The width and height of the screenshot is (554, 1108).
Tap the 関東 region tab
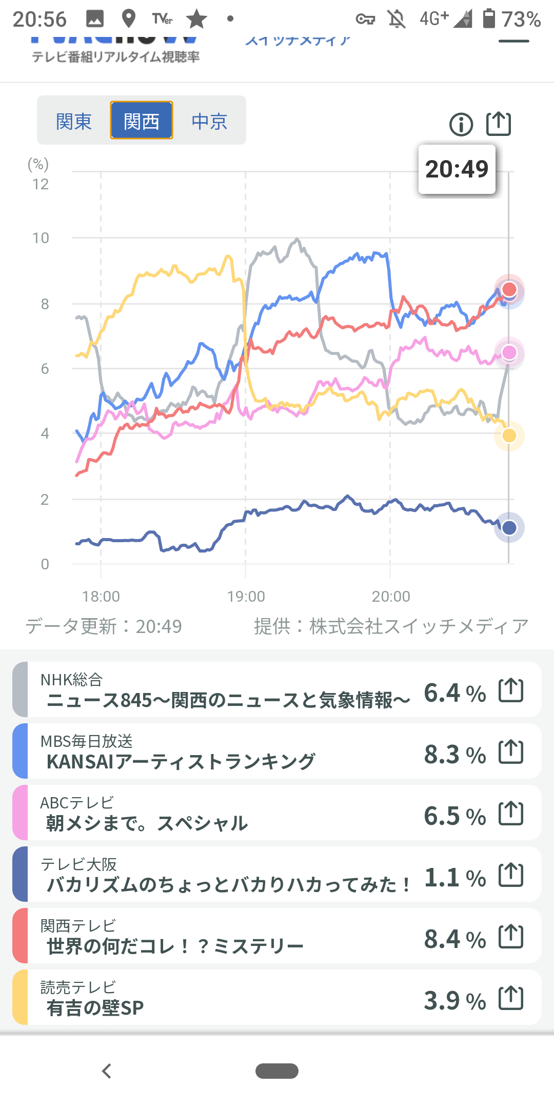point(74,122)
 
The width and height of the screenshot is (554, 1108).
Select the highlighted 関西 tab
point(142,122)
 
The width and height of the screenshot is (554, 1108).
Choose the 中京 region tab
point(209,122)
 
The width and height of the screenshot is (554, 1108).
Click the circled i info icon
point(461,124)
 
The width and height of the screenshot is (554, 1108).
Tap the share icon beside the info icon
point(499,124)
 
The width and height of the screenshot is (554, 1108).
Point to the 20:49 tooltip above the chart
point(457,169)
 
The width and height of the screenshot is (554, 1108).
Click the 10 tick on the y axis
point(41,238)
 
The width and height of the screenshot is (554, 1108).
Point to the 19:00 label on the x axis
point(246,597)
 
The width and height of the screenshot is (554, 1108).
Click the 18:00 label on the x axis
point(101,597)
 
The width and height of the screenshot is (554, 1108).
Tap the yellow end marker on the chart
point(509,436)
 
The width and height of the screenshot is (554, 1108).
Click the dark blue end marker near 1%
point(509,527)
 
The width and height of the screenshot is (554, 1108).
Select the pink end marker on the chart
point(509,352)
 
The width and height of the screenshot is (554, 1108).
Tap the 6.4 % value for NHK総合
point(454,693)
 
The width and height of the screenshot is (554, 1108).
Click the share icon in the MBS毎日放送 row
point(511,752)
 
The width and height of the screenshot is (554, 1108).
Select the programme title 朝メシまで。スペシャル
point(147,823)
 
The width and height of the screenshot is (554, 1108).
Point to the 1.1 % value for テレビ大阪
point(454,878)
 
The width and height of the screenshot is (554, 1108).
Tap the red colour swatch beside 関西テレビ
point(20,936)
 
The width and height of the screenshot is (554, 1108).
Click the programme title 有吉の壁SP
point(95,1008)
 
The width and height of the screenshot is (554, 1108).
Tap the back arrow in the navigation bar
point(107,1071)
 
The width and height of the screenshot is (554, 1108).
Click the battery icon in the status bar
point(489,18)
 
